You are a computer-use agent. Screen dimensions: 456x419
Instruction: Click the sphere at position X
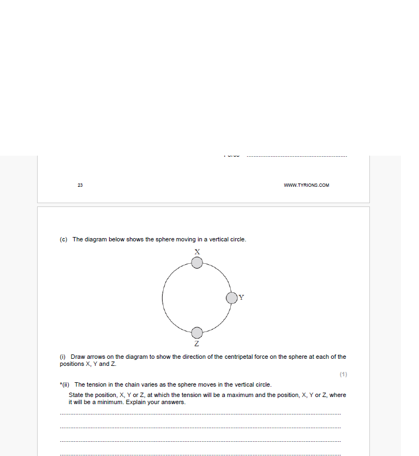(x=197, y=263)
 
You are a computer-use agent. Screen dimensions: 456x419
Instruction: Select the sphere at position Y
(x=232, y=298)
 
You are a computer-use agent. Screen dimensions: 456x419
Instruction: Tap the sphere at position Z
(x=197, y=332)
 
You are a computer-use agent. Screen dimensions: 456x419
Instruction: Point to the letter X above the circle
(x=197, y=252)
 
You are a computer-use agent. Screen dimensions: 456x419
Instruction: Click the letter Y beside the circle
(x=242, y=298)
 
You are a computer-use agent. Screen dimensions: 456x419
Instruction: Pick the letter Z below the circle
(x=197, y=344)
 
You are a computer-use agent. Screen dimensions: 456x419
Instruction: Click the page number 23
(x=80, y=185)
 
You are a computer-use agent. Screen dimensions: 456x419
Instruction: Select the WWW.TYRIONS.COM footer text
(x=306, y=185)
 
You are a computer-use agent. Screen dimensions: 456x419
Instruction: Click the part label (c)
(x=63, y=239)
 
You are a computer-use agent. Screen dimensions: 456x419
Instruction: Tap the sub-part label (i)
(x=62, y=357)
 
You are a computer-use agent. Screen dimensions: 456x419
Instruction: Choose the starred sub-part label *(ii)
(x=65, y=384)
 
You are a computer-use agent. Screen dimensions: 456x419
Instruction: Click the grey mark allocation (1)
(x=343, y=374)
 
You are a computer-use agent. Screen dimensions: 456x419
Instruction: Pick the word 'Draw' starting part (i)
(x=77, y=357)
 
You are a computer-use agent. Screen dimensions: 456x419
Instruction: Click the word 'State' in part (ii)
(x=76, y=395)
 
